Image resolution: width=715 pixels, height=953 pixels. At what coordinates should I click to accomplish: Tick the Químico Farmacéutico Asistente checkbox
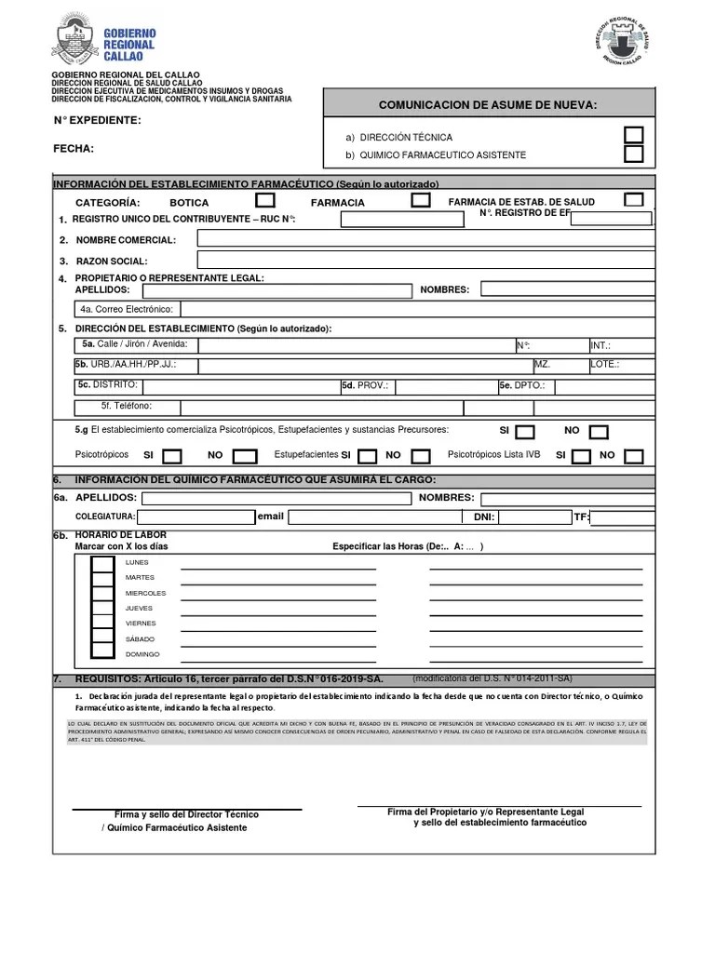click(x=633, y=154)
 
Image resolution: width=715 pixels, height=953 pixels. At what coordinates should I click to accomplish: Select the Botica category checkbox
click(x=265, y=201)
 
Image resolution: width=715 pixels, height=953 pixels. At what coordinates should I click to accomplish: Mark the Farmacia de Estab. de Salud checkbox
click(x=634, y=200)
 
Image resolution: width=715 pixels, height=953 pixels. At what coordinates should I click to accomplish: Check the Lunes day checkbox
click(x=102, y=562)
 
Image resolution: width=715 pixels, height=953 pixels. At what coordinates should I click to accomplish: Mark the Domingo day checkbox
click(x=102, y=654)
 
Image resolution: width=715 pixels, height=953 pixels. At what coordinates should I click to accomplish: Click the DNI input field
click(x=532, y=517)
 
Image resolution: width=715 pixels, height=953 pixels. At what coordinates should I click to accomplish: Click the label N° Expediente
click(x=97, y=120)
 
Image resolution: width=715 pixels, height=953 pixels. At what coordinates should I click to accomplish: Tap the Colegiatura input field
click(x=196, y=517)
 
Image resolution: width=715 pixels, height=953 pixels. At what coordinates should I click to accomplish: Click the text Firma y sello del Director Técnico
click(x=186, y=814)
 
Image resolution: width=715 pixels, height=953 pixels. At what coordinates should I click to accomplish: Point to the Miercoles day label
click(x=146, y=593)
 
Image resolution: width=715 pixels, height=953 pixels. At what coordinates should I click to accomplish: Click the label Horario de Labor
click(x=120, y=534)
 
